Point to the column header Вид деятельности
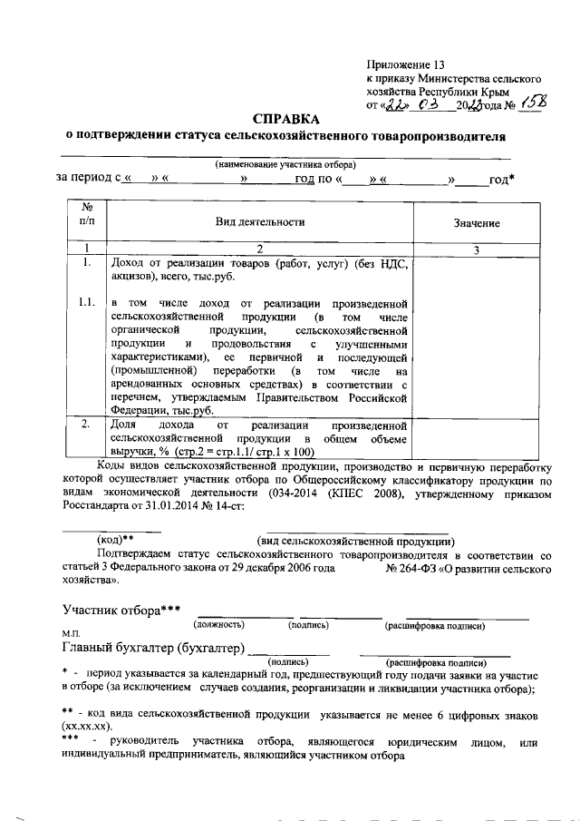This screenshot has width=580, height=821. [x=259, y=221]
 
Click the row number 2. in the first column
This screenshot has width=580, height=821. [x=85, y=424]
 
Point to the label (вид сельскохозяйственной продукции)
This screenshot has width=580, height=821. [x=354, y=539]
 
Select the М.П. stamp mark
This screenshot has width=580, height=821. [x=71, y=632]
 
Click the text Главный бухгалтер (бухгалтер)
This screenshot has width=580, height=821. [x=153, y=648]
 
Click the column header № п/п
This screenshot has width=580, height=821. [x=87, y=215]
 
